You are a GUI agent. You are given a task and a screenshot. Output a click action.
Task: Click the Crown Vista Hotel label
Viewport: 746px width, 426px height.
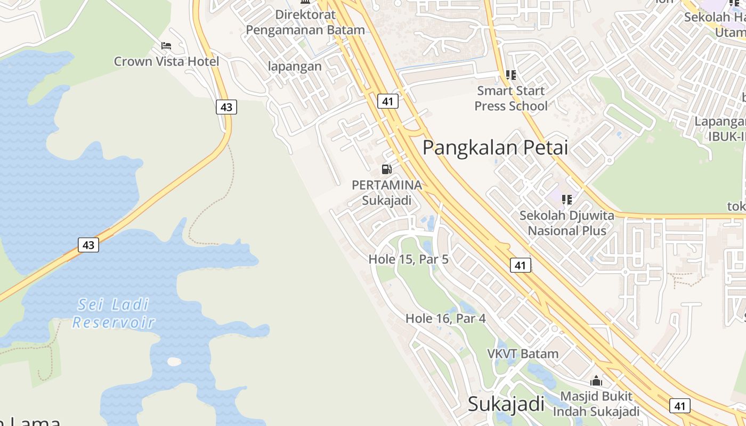point(166,61)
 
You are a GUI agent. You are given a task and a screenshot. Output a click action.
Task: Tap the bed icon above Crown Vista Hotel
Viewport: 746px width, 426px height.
point(166,46)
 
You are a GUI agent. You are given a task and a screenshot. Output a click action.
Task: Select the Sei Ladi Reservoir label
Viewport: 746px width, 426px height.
point(113,314)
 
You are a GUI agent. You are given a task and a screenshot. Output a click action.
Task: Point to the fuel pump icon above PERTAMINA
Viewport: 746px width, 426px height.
point(387,169)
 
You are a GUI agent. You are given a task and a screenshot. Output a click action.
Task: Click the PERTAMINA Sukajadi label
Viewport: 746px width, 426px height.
point(387,193)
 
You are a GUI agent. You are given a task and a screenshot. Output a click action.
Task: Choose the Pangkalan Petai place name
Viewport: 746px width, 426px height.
point(496,148)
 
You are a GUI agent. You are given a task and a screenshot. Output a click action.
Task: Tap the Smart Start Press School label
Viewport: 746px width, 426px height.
point(511,99)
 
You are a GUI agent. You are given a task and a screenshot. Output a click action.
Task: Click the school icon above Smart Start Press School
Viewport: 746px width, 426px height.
point(511,75)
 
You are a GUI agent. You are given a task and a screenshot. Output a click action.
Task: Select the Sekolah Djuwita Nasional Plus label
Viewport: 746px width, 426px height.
point(567,223)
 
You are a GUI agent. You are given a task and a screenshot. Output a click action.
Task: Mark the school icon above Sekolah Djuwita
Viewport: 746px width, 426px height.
point(567,200)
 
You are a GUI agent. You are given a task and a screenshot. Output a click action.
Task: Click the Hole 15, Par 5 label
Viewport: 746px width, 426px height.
point(409,259)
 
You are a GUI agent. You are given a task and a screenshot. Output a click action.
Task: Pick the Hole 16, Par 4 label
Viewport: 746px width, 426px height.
point(445,318)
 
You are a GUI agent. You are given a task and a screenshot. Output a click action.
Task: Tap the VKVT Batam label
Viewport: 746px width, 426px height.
point(523,354)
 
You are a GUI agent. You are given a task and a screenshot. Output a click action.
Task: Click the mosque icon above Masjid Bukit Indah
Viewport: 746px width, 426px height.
point(596,381)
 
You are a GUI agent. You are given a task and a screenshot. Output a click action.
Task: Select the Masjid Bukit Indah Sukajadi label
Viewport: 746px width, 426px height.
point(596,404)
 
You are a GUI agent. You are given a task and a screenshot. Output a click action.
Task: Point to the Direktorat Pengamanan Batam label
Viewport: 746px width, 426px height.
point(305,22)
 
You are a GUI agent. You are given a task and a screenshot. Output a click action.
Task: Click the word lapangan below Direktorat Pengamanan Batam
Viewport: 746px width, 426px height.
point(295,67)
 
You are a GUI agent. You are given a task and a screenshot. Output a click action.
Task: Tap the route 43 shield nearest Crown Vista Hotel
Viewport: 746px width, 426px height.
point(226,107)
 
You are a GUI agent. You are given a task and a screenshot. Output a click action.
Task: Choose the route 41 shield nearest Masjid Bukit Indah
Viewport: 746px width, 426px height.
point(679,406)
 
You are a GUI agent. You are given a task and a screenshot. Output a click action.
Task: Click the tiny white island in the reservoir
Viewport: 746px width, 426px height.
point(174,362)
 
